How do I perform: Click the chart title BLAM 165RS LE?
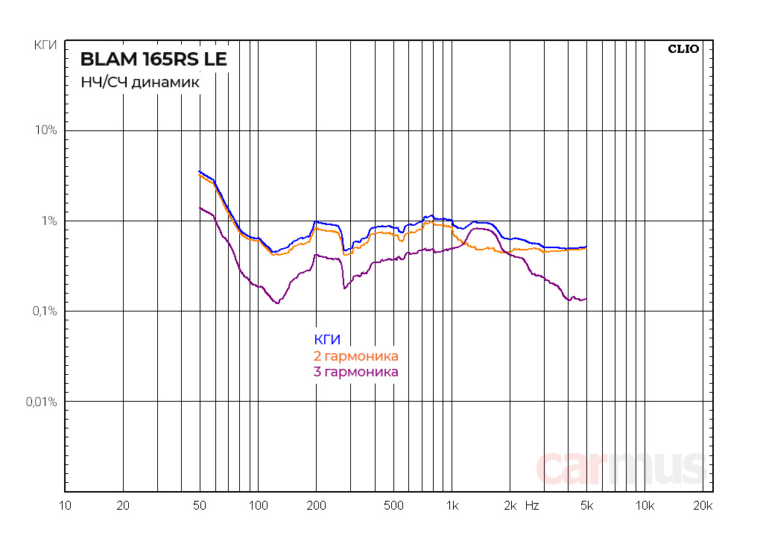[x=153, y=59]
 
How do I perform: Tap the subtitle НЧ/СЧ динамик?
[x=140, y=83]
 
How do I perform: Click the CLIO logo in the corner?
[x=683, y=49]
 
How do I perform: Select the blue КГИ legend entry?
[x=327, y=341]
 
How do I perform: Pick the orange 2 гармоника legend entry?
[x=356, y=356]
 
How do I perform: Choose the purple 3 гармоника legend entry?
[x=356, y=372]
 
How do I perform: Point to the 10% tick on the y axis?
[x=45, y=130]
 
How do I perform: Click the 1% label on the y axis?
[x=48, y=221]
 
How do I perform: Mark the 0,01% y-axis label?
[x=41, y=402]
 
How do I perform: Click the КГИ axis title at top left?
[x=45, y=45]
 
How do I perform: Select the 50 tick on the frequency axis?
[x=199, y=506]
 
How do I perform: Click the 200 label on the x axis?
[x=316, y=506]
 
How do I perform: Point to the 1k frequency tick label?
[x=452, y=506]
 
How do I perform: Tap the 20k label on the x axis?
[x=703, y=506]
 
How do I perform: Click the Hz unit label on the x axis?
[x=532, y=506]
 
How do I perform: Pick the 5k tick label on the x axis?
[x=586, y=506]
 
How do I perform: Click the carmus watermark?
[x=621, y=467]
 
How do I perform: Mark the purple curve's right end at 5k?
[x=586, y=299]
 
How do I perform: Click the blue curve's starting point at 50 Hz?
[x=199, y=171]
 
